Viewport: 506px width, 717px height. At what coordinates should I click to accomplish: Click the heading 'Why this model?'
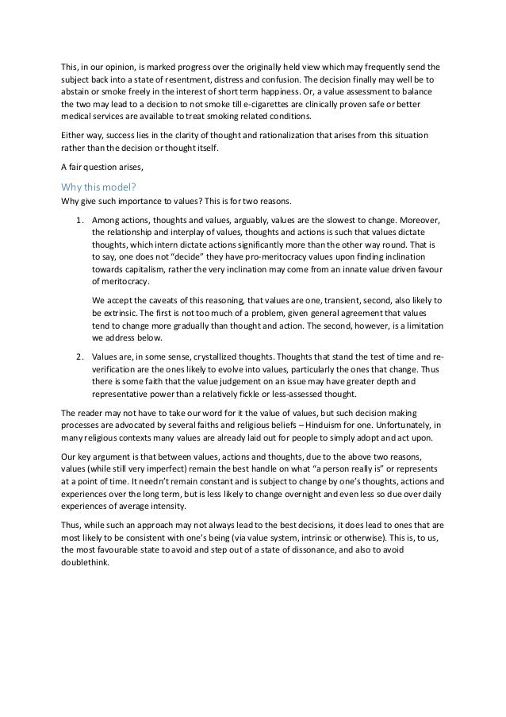pyautogui.click(x=100, y=187)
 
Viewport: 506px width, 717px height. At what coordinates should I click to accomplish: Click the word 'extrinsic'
pyautogui.click(x=120, y=313)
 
